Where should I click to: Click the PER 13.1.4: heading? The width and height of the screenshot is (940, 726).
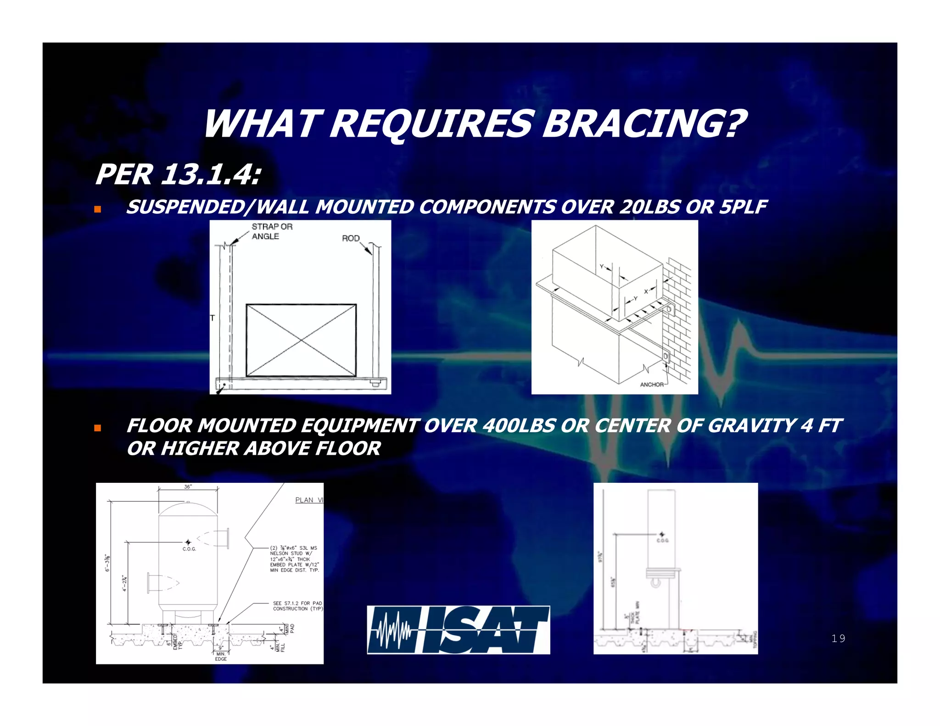(x=178, y=175)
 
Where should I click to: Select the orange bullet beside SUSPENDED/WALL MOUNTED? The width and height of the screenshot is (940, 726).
(x=97, y=209)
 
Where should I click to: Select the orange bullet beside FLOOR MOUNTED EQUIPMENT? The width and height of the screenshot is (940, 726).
(x=97, y=428)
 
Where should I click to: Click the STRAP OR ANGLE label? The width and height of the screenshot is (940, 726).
(x=272, y=231)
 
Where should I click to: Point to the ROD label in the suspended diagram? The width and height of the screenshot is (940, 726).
(x=351, y=238)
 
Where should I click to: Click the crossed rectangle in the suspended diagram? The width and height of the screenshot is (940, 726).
(x=301, y=340)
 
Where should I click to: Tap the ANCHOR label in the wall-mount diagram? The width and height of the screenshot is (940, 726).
(x=652, y=385)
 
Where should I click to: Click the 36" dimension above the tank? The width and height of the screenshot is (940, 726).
(x=188, y=487)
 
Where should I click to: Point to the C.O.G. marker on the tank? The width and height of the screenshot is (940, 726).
(x=188, y=543)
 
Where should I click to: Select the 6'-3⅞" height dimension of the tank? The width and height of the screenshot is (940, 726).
(x=108, y=563)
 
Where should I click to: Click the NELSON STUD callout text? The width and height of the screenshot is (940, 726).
(x=294, y=559)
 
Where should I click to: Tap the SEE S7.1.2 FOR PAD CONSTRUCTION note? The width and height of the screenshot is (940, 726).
(x=297, y=606)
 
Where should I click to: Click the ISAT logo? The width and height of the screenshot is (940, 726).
(x=458, y=630)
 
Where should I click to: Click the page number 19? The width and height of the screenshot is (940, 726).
(x=838, y=638)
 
